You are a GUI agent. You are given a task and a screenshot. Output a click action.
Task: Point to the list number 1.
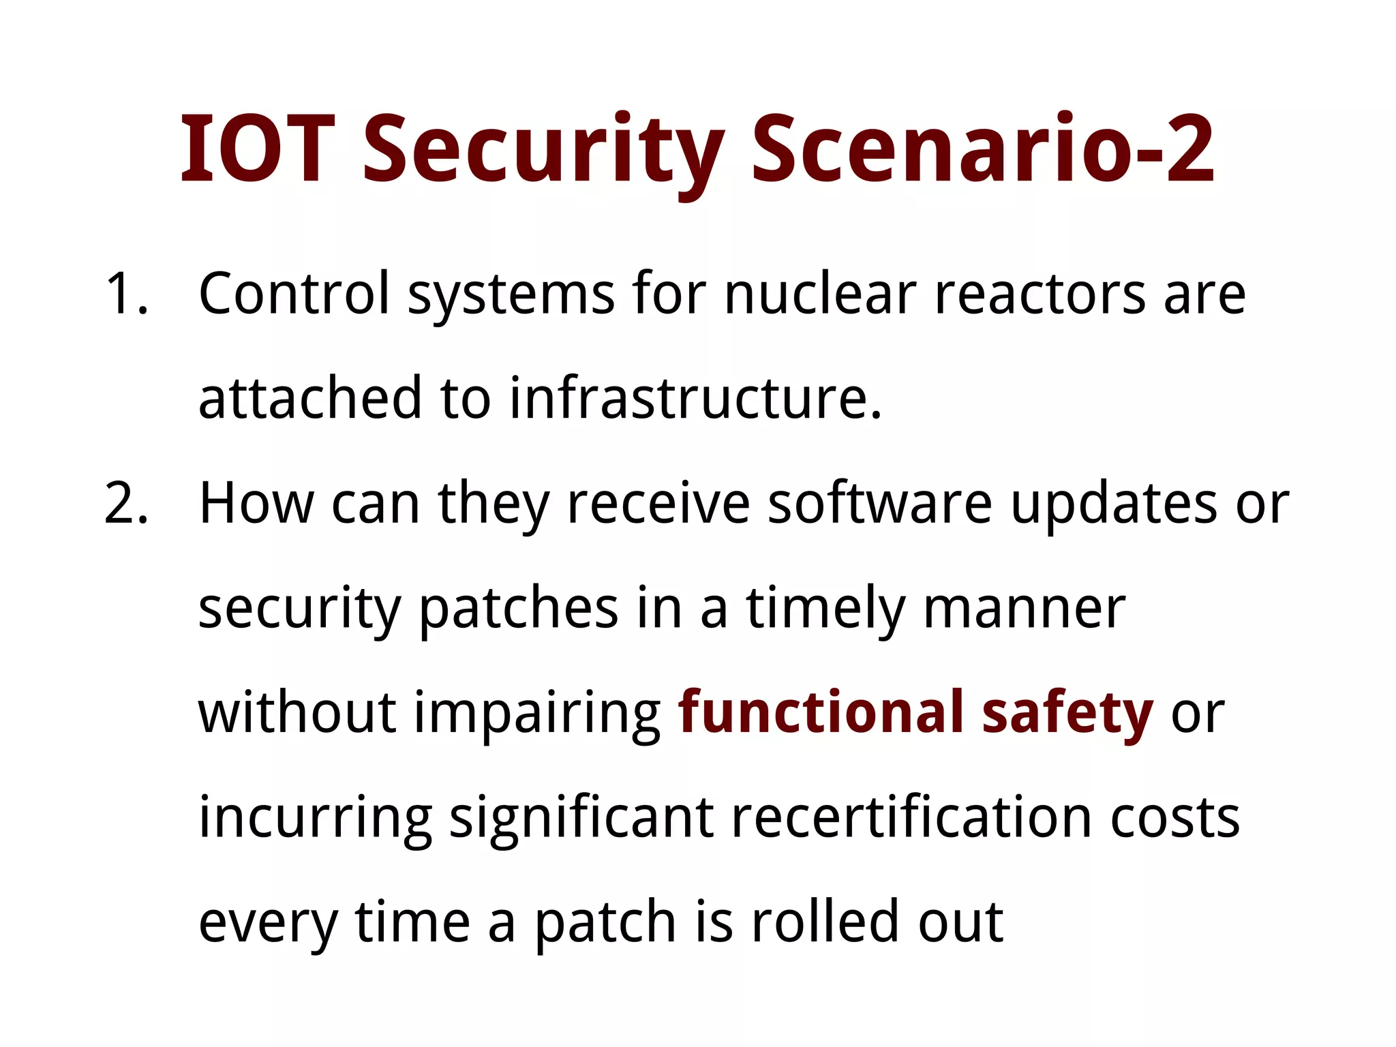pos(127,294)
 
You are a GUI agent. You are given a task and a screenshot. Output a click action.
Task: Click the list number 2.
pos(127,504)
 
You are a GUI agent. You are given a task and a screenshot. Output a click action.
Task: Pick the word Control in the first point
pos(294,294)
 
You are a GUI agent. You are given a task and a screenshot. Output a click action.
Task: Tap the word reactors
pos(1040,294)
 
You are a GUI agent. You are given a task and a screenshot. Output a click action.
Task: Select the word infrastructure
pos(695,398)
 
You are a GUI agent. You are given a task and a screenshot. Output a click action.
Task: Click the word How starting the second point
pos(256,504)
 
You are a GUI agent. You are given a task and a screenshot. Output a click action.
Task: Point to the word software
pos(880,504)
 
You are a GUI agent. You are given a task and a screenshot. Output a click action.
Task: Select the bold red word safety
pos(1067,714)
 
